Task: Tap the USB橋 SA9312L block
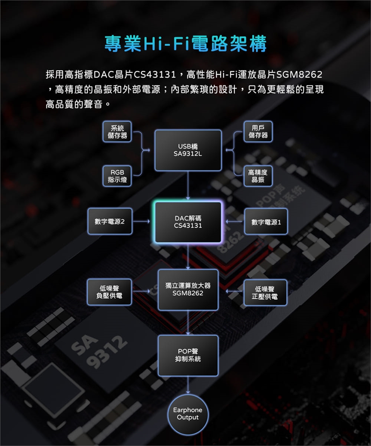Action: click(188, 151)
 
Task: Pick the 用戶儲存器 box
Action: click(258, 132)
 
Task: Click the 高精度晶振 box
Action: click(258, 176)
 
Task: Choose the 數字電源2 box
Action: click(110, 221)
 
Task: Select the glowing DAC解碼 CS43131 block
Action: click(188, 222)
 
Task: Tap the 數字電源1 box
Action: click(266, 222)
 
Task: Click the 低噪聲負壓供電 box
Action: click(109, 292)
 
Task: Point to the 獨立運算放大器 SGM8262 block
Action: click(188, 290)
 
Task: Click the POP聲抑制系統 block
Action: click(188, 355)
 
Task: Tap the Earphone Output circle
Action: click(188, 414)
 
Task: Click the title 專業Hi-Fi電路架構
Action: click(185, 44)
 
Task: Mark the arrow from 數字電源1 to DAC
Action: click(234, 222)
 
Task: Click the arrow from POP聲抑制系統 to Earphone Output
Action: click(188, 385)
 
